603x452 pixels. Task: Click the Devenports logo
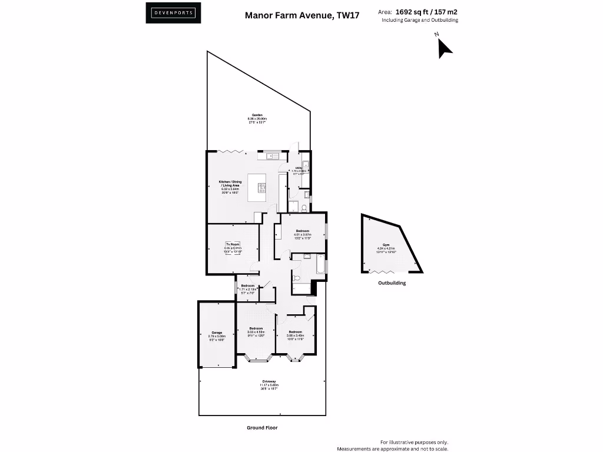(173, 13)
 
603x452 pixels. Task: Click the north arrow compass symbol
(444, 47)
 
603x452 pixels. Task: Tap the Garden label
(257, 115)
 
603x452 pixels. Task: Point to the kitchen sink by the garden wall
(271, 155)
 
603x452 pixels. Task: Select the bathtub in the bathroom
(319, 264)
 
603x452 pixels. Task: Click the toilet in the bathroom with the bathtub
(296, 277)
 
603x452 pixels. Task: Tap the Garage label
(217, 333)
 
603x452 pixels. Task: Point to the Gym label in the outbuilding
(386, 244)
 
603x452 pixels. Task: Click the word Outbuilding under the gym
(392, 283)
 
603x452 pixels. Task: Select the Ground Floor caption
(261, 428)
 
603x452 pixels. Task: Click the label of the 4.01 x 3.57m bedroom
(303, 230)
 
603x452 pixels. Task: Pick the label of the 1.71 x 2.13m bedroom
(247, 285)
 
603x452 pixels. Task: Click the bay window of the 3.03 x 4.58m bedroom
(257, 358)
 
